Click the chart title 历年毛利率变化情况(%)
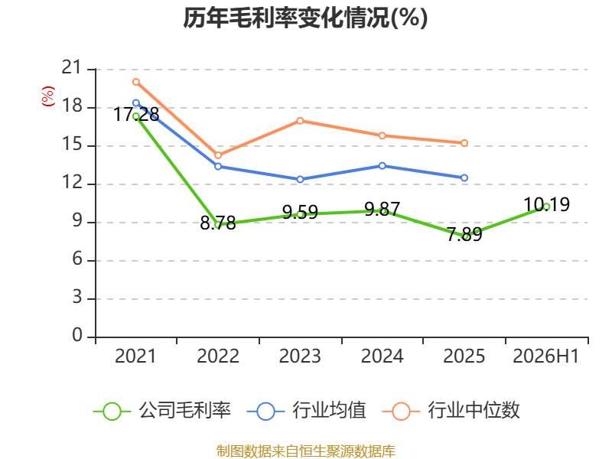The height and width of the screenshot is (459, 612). click(x=305, y=18)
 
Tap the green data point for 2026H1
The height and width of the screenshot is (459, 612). click(x=546, y=207)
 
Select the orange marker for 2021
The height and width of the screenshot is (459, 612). click(x=136, y=82)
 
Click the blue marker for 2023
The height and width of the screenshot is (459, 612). click(x=300, y=180)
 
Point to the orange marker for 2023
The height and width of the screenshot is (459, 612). click(x=300, y=121)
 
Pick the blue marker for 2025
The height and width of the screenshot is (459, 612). click(x=464, y=178)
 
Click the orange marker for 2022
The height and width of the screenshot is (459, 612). click(x=218, y=155)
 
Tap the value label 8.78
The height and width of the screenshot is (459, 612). click(x=218, y=223)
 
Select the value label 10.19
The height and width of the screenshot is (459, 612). click(x=546, y=204)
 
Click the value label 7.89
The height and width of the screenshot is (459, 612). click(x=464, y=235)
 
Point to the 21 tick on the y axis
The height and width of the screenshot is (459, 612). click(x=72, y=67)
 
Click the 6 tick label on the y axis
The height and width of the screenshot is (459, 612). click(x=77, y=259)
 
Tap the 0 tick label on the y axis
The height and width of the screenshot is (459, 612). click(x=77, y=335)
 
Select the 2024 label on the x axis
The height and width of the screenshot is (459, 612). click(x=382, y=356)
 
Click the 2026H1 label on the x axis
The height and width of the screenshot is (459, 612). click(x=546, y=356)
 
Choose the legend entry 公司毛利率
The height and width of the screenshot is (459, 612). click(x=162, y=411)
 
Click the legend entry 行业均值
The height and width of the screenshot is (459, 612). click(x=307, y=411)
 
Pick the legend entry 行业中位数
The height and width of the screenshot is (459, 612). click(x=451, y=411)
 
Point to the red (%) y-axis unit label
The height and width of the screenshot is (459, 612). click(x=48, y=96)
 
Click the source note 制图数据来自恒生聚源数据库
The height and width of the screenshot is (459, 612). click(x=306, y=451)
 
